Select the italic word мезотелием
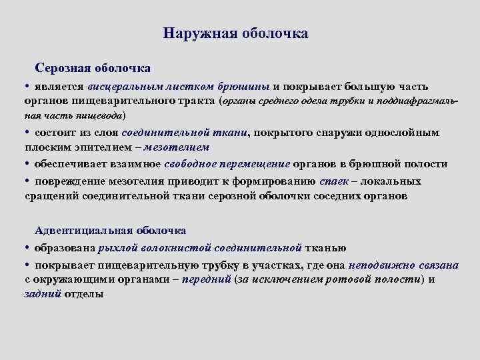(x=181, y=147)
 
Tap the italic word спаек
(x=334, y=181)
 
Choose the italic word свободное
(x=183, y=164)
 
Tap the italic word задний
(x=43, y=294)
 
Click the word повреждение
(x=74, y=181)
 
